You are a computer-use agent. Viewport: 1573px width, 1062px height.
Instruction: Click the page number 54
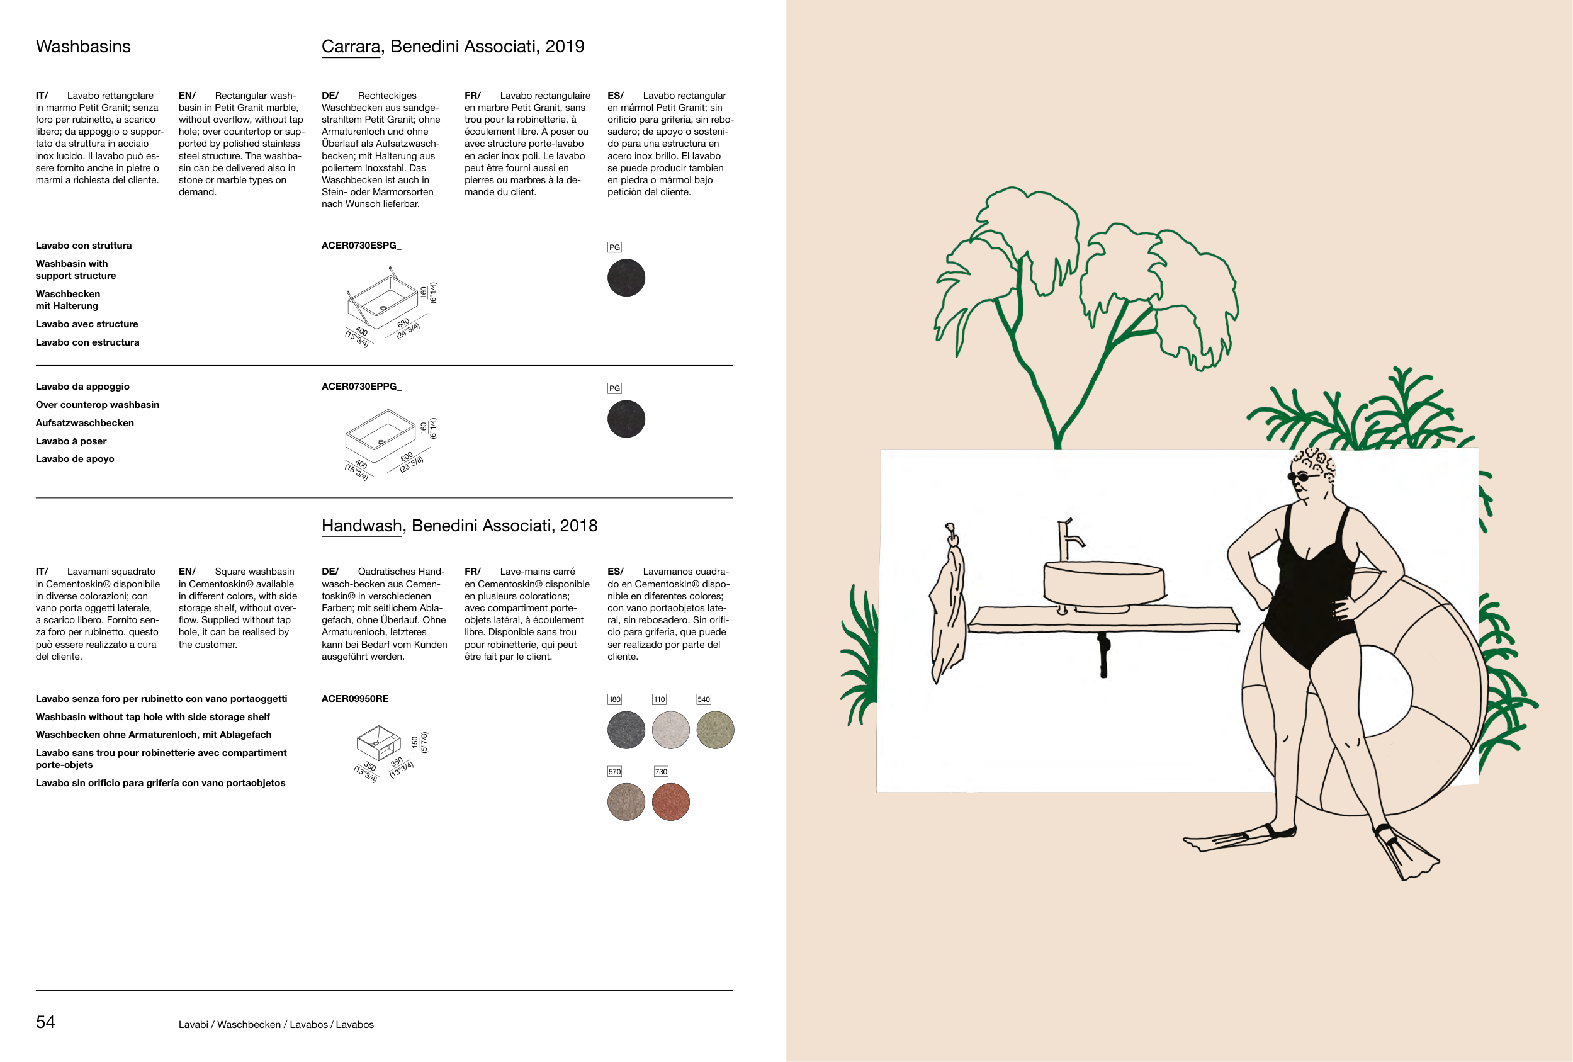point(45,1022)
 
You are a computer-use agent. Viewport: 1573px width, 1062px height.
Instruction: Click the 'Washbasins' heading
point(83,46)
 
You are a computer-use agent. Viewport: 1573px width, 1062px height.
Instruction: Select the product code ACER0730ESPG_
point(361,245)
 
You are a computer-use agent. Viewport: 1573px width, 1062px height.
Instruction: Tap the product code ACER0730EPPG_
point(361,387)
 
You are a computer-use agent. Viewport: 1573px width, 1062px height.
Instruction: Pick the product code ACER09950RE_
point(358,699)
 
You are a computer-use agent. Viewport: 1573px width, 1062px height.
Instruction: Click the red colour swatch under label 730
point(671,802)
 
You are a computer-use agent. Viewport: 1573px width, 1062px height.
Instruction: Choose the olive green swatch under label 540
point(716,730)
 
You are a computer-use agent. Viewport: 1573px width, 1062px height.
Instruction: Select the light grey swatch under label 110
point(671,730)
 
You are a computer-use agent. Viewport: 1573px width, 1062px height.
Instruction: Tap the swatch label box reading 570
point(614,772)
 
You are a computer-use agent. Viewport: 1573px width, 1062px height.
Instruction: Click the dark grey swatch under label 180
point(626,730)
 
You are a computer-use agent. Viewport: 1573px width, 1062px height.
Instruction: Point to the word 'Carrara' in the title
point(351,46)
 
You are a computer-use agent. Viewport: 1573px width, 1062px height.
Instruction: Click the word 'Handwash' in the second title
point(361,526)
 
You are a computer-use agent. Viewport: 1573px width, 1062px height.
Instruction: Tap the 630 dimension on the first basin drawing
point(403,323)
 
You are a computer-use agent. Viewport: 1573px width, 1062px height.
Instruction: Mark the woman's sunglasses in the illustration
point(1304,477)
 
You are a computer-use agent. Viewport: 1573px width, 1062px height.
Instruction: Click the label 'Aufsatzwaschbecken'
point(84,423)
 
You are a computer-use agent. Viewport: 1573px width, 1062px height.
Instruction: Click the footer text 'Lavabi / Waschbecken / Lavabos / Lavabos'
point(276,1025)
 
